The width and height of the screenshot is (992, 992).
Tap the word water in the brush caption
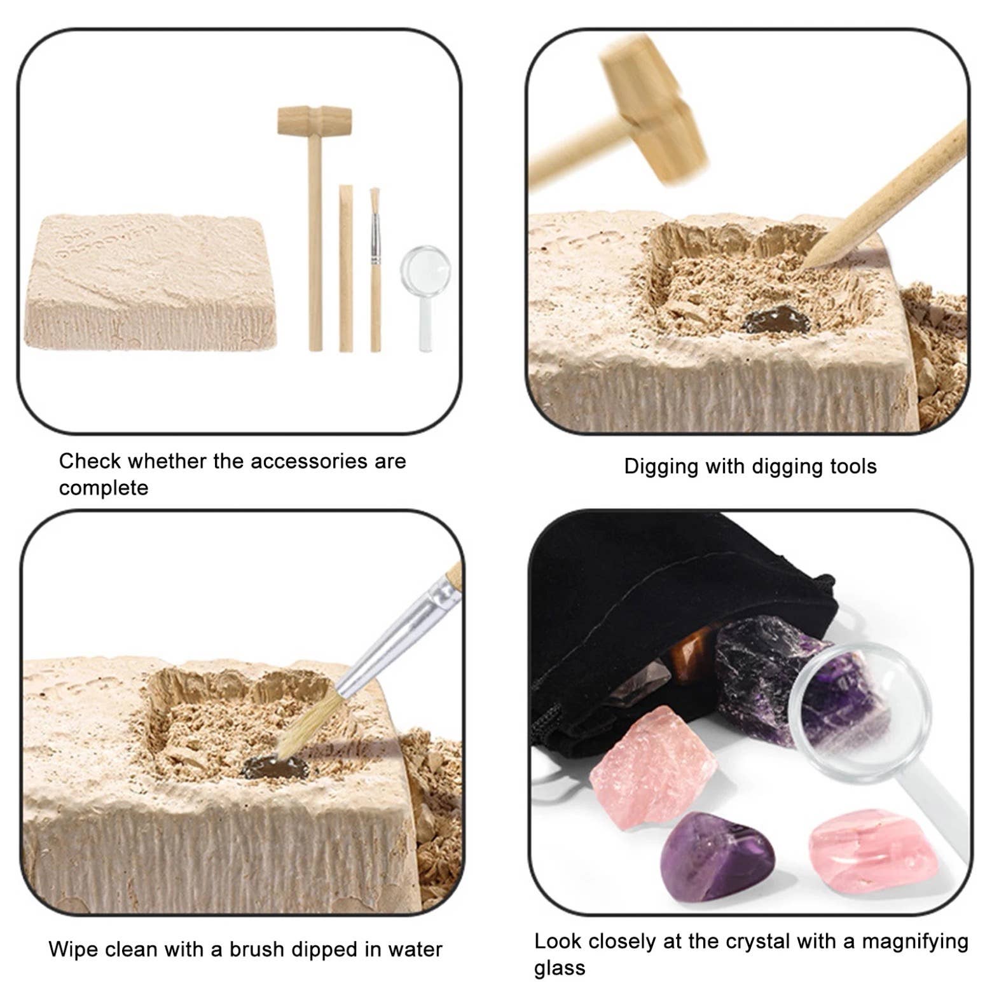coord(413,949)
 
